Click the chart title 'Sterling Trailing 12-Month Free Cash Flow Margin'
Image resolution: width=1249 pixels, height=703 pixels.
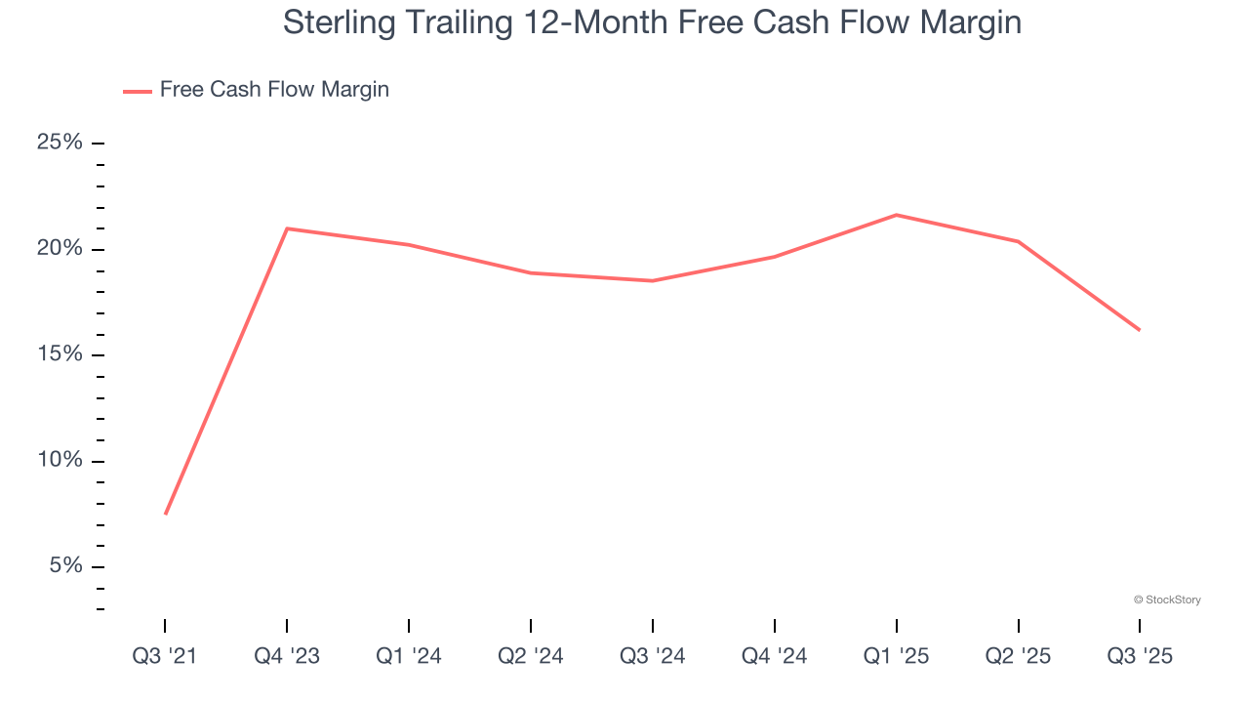(x=652, y=21)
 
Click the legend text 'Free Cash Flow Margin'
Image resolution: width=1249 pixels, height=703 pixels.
(x=274, y=90)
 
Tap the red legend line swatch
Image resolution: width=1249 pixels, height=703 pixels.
(x=138, y=91)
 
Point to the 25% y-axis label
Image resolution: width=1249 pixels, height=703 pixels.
(x=60, y=143)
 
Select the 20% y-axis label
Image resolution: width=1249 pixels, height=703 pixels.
(x=60, y=248)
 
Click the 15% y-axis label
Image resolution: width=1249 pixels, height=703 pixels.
(x=60, y=354)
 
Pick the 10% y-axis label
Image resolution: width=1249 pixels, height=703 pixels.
(x=60, y=460)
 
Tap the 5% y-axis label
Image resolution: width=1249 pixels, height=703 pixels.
(x=64, y=566)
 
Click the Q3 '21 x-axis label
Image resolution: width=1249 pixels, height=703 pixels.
(x=165, y=656)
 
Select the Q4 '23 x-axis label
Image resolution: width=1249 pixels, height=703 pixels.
(x=287, y=656)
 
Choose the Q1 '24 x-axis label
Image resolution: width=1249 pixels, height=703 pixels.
(x=409, y=656)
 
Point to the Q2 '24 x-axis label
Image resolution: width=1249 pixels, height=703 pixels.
(x=531, y=656)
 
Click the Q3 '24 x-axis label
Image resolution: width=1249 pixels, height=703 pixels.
(x=653, y=656)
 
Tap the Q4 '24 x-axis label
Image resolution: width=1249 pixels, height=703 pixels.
(x=775, y=656)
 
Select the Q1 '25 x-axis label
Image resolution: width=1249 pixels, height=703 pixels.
(x=897, y=656)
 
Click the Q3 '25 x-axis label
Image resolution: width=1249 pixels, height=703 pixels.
(x=1140, y=656)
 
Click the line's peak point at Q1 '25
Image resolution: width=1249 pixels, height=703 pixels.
(x=897, y=215)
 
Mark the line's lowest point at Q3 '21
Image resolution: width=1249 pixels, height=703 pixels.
(x=166, y=514)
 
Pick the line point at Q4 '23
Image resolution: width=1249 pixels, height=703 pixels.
(x=287, y=228)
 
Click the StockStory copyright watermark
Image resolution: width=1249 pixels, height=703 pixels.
(x=1167, y=600)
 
